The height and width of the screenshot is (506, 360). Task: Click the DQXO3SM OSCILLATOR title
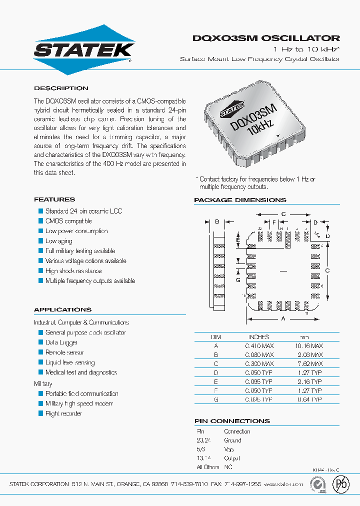coord(266,38)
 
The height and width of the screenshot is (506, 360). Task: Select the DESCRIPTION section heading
coord(61,88)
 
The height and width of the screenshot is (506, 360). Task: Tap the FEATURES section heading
coord(54,199)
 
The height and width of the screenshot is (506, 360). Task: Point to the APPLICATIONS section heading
coord(62,309)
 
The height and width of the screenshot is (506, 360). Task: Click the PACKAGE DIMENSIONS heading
coord(240,200)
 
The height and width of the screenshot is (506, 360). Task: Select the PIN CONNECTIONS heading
coord(232,421)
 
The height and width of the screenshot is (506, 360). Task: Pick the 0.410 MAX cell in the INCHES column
coord(259,345)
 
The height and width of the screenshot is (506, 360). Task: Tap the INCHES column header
coord(258,337)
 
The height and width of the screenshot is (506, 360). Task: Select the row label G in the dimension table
coord(216,399)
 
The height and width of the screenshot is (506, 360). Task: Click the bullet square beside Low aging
coord(41,241)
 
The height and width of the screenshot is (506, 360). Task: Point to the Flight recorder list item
coord(63,413)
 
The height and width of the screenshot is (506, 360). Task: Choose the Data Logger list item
coord(61,342)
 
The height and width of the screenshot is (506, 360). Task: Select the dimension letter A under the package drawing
coord(283,318)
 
